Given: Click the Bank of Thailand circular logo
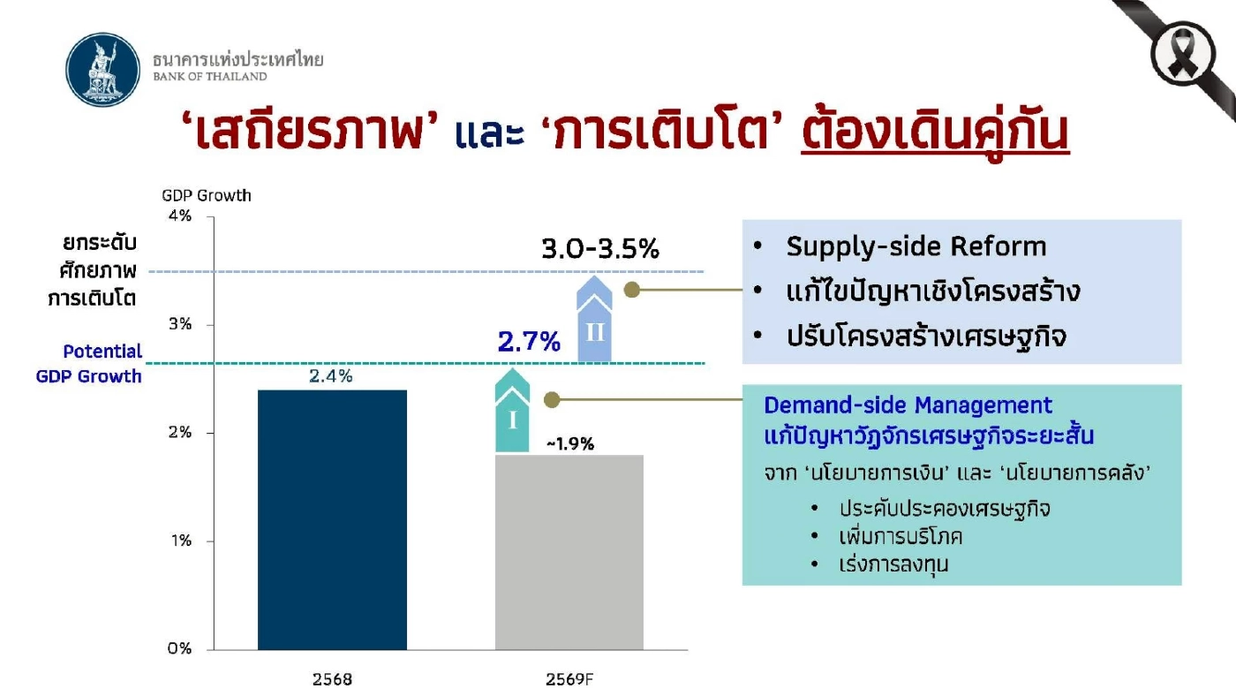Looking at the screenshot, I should tap(103, 71).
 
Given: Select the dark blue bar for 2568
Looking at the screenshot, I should tap(332, 518).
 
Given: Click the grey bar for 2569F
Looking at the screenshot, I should tap(569, 551).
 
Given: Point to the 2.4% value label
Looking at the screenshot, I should tap(331, 376).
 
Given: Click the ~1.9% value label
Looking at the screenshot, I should tap(570, 443).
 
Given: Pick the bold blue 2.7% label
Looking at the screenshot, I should tap(529, 342).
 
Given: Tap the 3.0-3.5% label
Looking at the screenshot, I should tap(600, 249).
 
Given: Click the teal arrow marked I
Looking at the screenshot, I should tap(513, 411).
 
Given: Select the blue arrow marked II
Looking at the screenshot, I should tap(594, 320).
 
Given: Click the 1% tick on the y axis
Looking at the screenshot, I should tap(180, 541).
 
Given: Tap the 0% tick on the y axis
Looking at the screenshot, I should tap(179, 648).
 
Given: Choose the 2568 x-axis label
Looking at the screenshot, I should tap(332, 679).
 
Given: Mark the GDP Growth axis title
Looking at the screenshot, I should tap(207, 195).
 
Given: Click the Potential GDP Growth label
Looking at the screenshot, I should tap(89, 364).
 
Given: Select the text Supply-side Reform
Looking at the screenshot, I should tap(916, 246).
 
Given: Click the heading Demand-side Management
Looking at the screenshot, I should tap(908, 405).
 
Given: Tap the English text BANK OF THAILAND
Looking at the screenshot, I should tap(210, 77).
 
